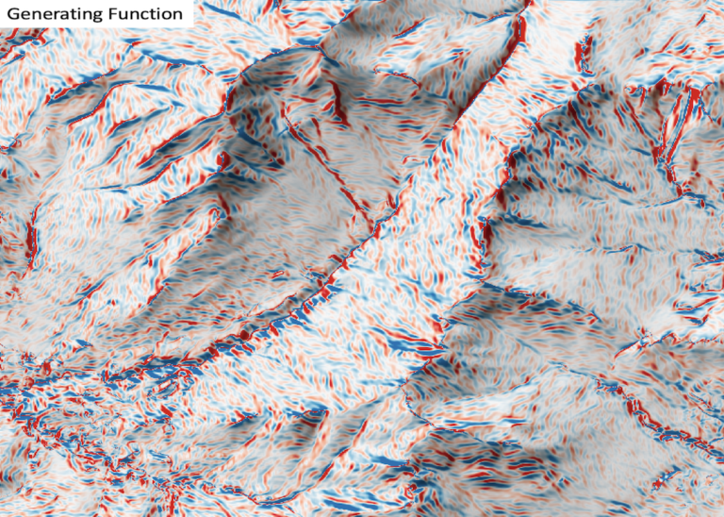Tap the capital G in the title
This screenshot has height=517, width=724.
coord(12,14)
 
